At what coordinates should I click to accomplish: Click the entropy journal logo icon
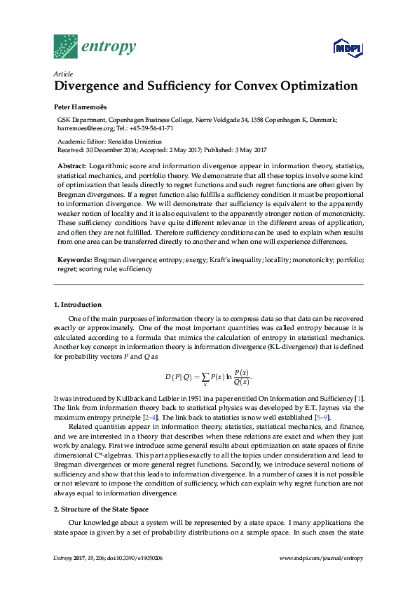pyautogui.click(x=66, y=46)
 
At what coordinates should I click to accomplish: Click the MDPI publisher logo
pyautogui.click(x=348, y=48)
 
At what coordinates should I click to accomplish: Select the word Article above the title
pyautogui.click(x=63, y=74)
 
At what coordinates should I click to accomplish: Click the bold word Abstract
pyautogui.click(x=71, y=165)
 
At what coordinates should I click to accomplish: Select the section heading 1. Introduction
pyautogui.click(x=78, y=305)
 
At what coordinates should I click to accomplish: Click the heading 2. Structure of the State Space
pyautogui.click(x=105, y=488)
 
